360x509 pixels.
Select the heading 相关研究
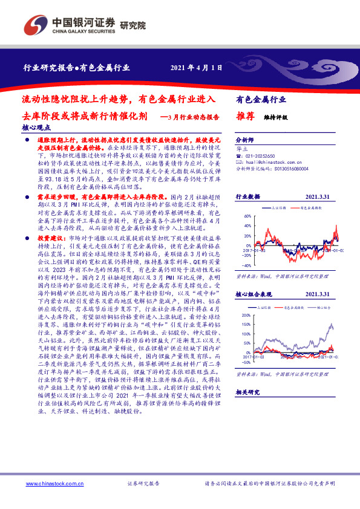[247, 409]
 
